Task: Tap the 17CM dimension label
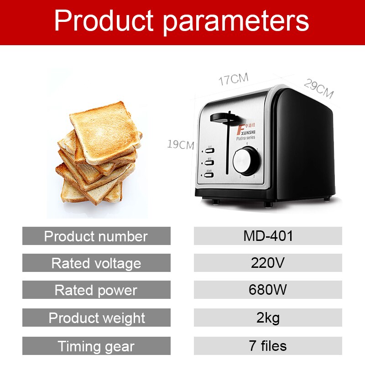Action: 233,79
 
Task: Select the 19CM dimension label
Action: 181,145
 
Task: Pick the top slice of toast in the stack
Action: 105,130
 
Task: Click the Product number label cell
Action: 96,236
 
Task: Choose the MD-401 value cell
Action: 268,236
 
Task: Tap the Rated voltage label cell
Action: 96,263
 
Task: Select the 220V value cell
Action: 268,263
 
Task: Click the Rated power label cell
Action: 96,290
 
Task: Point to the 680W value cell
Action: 268,290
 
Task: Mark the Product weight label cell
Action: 96,318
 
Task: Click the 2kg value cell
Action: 268,318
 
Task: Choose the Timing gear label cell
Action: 96,346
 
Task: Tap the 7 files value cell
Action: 268,346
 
